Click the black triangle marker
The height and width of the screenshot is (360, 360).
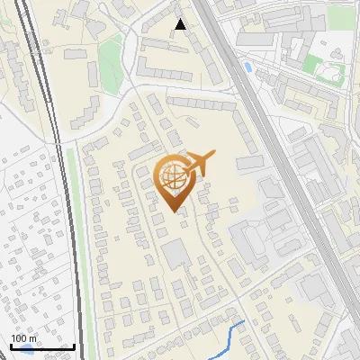coord(180,24)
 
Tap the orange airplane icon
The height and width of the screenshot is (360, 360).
coord(197,164)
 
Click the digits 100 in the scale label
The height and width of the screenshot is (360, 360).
coord(20,338)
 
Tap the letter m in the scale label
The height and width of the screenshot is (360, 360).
coord(33,339)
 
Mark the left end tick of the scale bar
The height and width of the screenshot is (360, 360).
coord(10,346)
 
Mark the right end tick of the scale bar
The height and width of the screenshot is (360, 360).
coord(74,346)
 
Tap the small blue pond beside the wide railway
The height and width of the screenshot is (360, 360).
coord(247,67)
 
